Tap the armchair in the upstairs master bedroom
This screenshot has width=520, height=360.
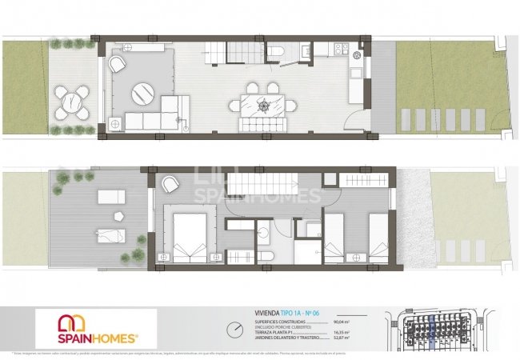tap(169, 184)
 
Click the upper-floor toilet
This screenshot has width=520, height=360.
tap(271, 256)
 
